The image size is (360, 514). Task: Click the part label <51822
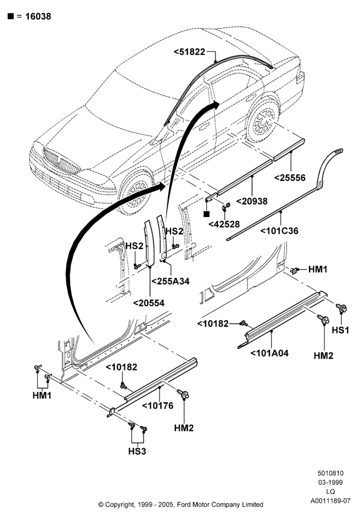[189, 52]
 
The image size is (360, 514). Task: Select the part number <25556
[290, 178]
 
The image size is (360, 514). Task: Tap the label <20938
[252, 201]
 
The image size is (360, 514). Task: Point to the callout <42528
[224, 224]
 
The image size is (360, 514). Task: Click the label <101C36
[279, 231]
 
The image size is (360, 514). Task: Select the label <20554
[149, 303]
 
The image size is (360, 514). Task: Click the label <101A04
[269, 353]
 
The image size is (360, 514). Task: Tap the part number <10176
[158, 406]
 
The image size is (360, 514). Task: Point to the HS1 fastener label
[340, 330]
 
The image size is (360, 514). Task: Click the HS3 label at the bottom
[137, 451]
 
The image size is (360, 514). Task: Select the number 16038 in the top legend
[38, 16]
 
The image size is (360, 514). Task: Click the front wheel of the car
[136, 191]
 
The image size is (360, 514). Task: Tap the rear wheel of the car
[262, 120]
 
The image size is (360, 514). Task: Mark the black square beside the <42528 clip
[206, 214]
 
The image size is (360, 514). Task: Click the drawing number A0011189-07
[331, 501]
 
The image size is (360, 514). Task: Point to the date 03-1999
[331, 482]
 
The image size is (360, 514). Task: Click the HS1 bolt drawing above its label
[341, 308]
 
